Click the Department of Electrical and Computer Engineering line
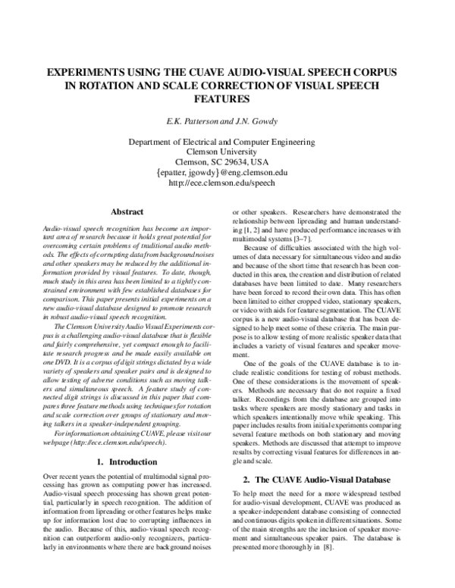coord(227,142)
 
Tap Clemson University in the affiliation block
coord(227,152)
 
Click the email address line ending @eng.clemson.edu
coord(227,173)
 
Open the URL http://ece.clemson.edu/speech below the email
coord(227,183)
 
